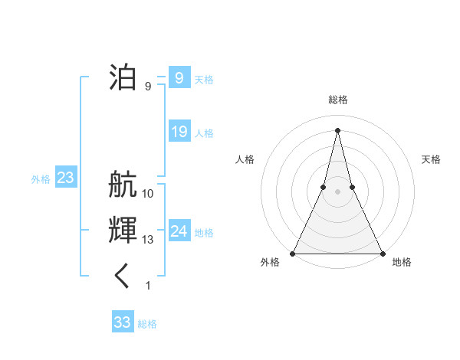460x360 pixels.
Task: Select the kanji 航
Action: tap(123, 185)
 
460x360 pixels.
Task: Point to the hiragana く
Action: tap(123, 277)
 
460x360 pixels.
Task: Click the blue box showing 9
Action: tap(179, 77)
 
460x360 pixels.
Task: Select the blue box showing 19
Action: tap(179, 132)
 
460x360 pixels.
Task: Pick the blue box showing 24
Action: tap(179, 231)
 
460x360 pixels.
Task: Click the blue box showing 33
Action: tap(123, 322)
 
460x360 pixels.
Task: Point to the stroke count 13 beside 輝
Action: tap(148, 240)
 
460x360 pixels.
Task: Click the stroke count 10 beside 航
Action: tap(148, 194)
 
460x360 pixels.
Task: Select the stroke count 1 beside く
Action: tap(148, 286)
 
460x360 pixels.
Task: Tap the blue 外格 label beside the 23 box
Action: tap(41, 179)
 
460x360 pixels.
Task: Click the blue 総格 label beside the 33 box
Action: tap(147, 324)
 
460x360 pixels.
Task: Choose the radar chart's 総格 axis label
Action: tap(337, 100)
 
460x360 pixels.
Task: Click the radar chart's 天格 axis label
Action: tap(431, 159)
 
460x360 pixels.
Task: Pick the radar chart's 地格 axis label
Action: tap(402, 262)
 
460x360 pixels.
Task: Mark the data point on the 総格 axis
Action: tap(337, 129)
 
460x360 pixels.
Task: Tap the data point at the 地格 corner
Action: tap(382, 254)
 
